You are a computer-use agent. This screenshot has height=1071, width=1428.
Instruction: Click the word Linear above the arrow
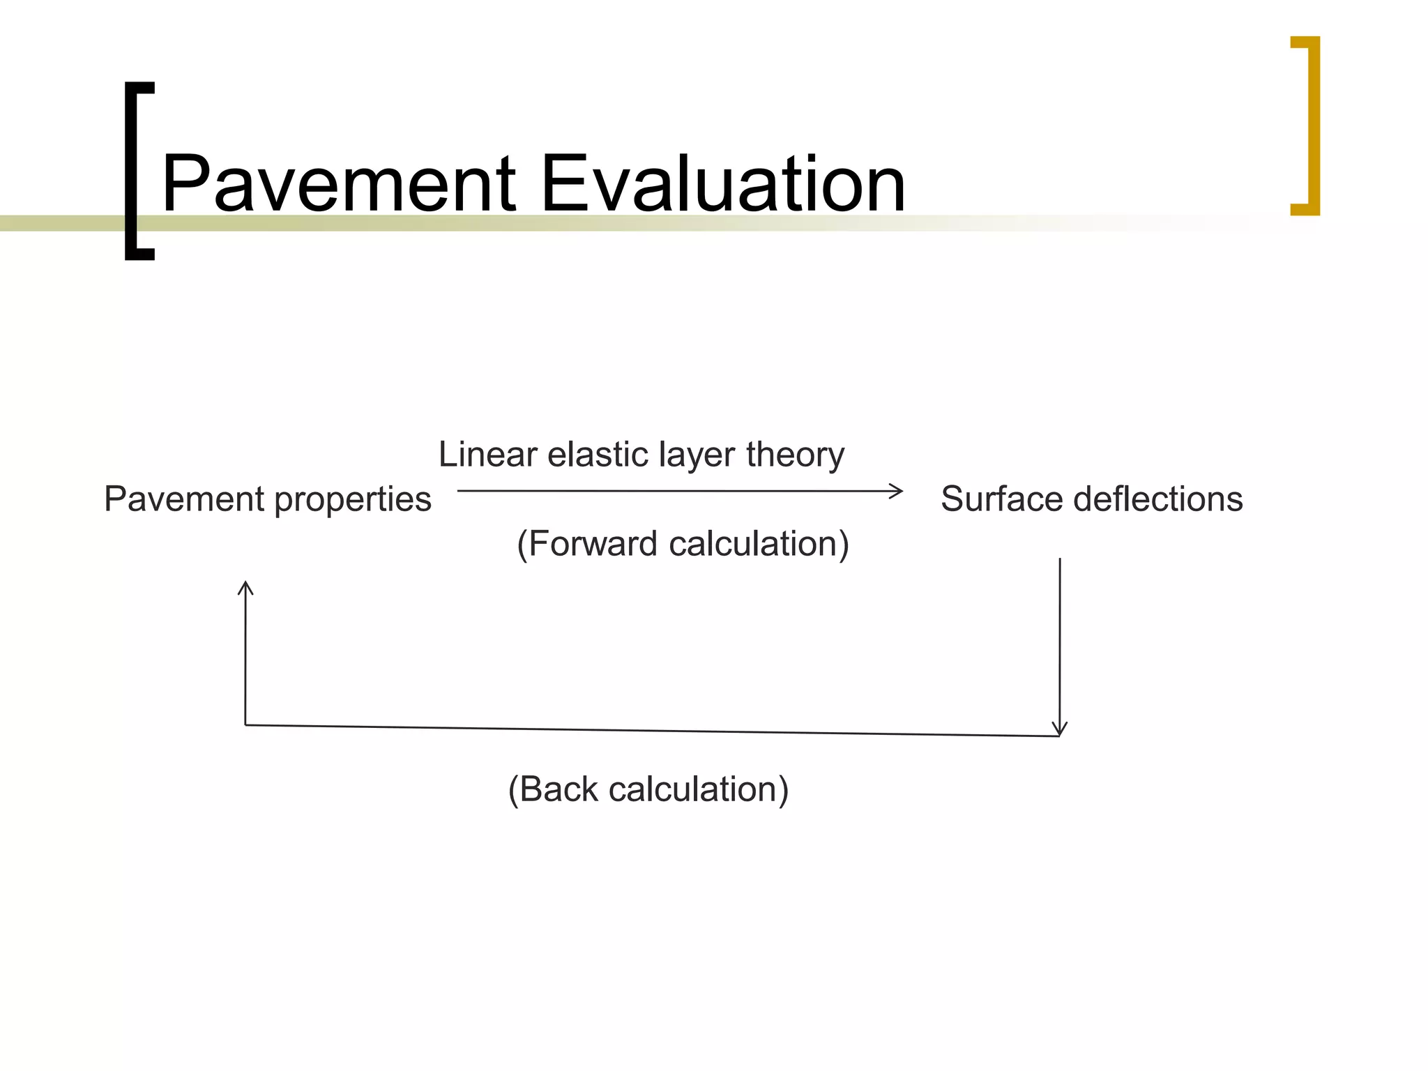tap(487, 455)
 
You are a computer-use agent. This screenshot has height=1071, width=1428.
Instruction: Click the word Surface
tap(1001, 499)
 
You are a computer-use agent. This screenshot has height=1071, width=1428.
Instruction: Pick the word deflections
tap(1158, 499)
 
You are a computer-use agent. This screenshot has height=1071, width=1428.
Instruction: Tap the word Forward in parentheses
tap(592, 544)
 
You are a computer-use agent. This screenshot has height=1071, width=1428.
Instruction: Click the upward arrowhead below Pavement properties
tap(245, 587)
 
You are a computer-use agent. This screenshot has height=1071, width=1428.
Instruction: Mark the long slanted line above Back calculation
tap(652, 731)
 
